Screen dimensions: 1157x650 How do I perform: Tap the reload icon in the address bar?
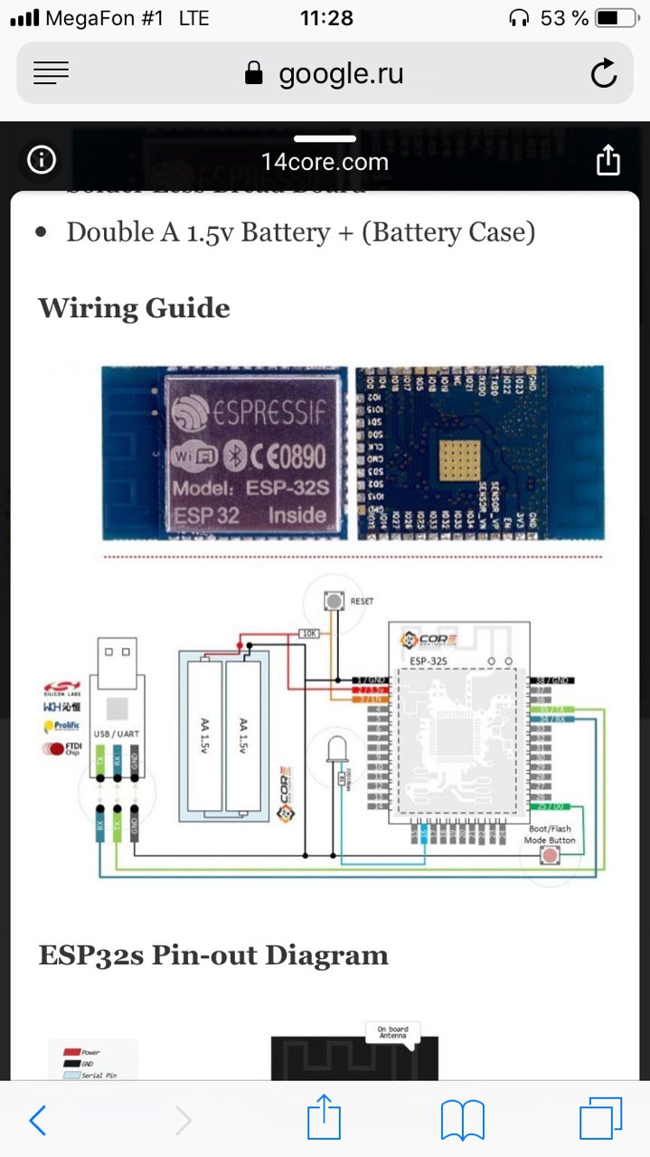(603, 74)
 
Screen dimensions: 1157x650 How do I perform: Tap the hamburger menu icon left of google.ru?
(52, 73)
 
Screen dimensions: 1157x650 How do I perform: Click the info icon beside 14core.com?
(42, 161)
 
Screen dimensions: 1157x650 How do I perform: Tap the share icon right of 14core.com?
(608, 161)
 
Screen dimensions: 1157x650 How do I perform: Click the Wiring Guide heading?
(134, 308)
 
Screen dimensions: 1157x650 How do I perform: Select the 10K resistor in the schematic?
(309, 634)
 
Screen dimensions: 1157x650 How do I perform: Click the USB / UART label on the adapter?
(117, 734)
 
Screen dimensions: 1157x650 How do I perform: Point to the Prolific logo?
(61, 725)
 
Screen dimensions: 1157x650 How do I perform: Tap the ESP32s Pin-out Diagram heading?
(213, 955)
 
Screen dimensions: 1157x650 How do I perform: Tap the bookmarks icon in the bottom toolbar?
(462, 1121)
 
